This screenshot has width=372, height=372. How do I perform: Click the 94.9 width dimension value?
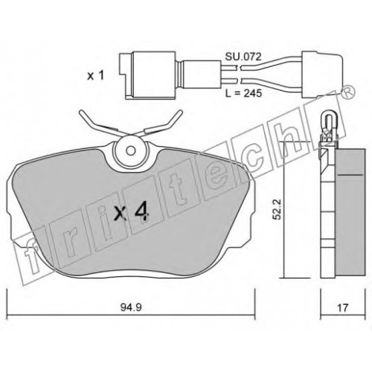click(x=131, y=307)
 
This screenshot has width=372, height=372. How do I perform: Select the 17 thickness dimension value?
click(x=342, y=308)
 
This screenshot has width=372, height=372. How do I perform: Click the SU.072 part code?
click(x=243, y=57)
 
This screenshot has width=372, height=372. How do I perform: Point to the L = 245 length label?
click(x=243, y=94)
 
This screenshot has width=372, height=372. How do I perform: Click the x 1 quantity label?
click(x=95, y=76)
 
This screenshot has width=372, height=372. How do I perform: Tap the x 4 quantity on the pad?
click(x=131, y=213)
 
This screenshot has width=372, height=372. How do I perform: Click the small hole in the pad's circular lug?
click(x=130, y=150)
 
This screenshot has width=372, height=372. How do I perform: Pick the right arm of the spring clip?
click(x=161, y=124)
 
